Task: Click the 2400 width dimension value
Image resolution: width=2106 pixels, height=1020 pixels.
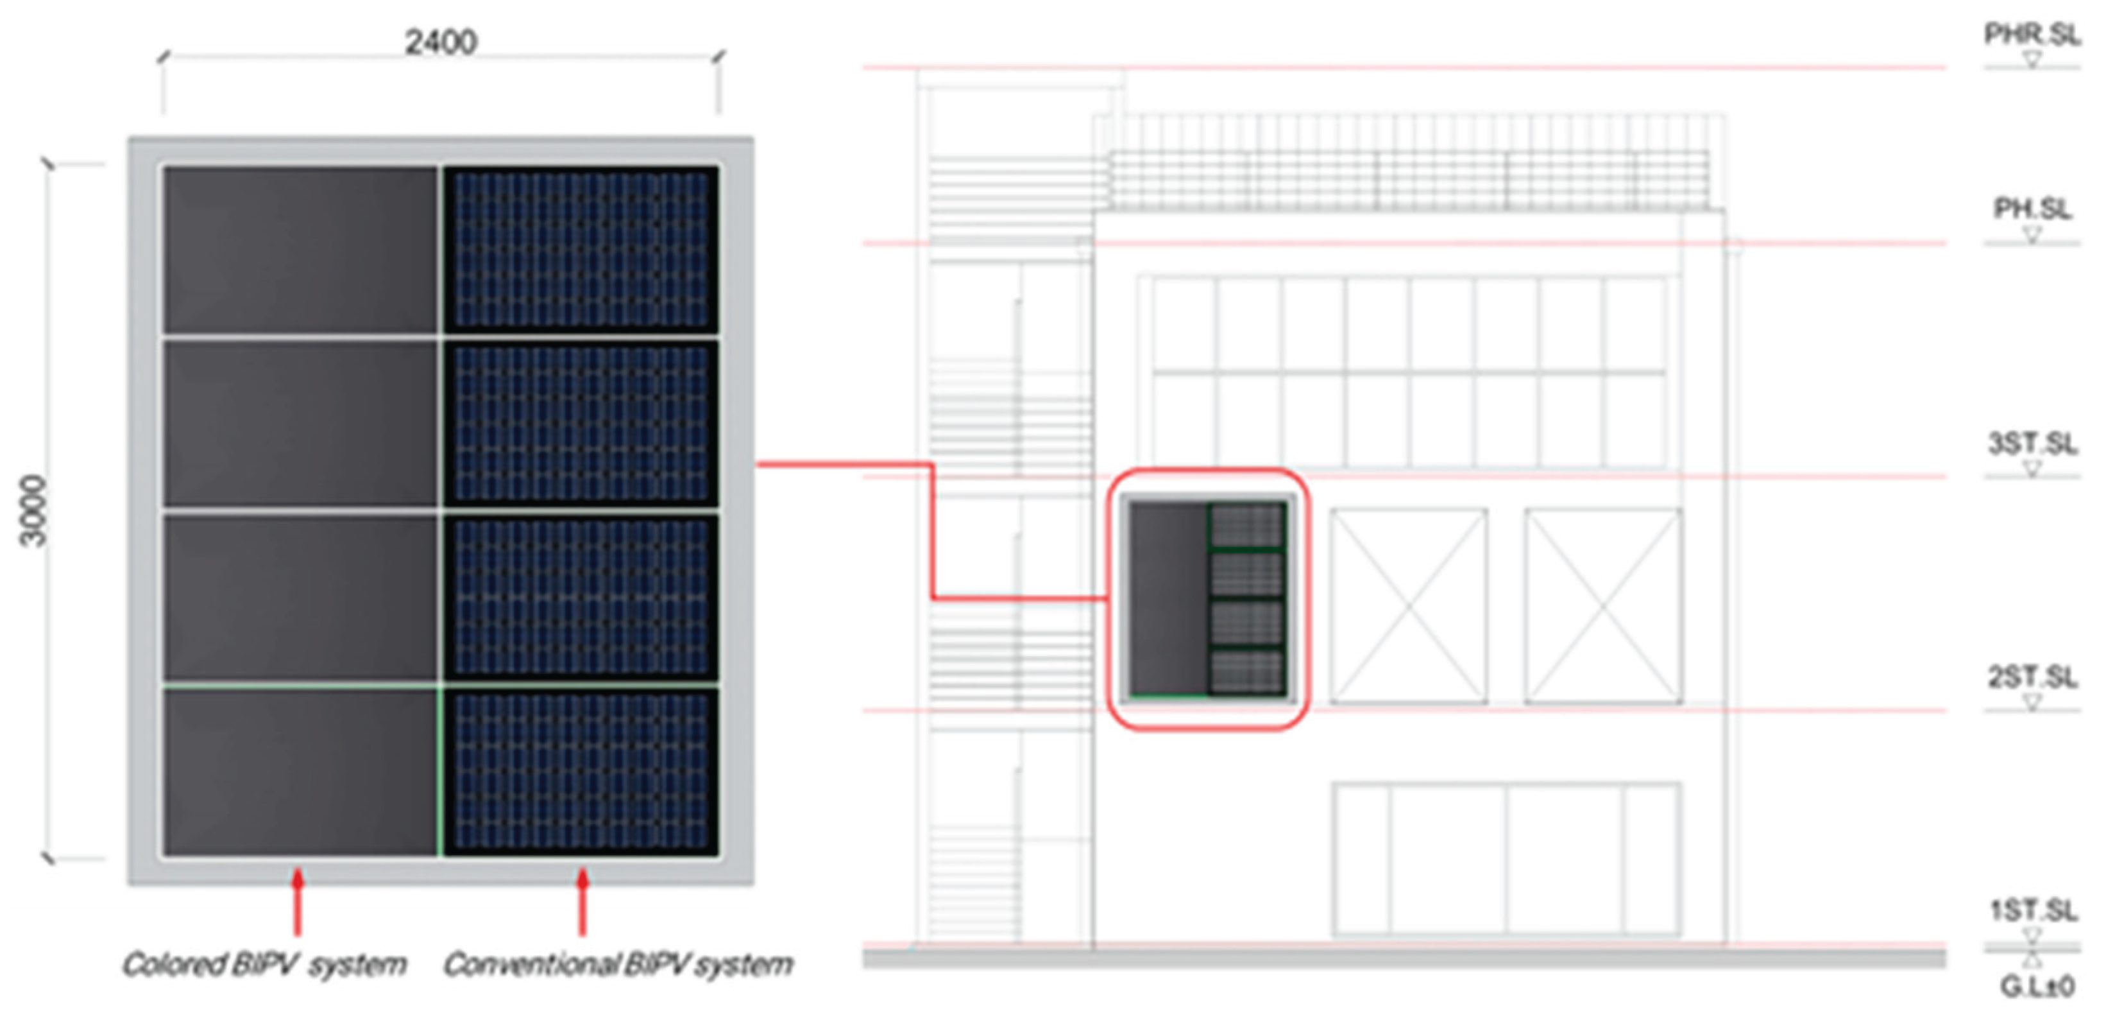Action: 441,42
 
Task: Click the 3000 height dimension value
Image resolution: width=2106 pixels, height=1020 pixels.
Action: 33,511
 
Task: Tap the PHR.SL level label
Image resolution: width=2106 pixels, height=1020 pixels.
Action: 2032,35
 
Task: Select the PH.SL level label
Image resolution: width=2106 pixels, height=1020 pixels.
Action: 2032,209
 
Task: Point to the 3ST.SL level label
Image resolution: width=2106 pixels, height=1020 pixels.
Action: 2032,444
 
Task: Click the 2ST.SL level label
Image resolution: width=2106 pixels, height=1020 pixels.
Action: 2032,677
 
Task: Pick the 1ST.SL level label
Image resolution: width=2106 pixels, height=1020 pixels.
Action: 2032,910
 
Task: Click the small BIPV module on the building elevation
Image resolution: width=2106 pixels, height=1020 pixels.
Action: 1207,599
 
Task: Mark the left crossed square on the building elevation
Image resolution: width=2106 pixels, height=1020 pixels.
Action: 1408,605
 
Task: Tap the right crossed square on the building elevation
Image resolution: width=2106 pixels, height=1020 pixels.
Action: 1602,605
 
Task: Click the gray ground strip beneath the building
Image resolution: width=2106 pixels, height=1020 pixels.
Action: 1403,958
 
